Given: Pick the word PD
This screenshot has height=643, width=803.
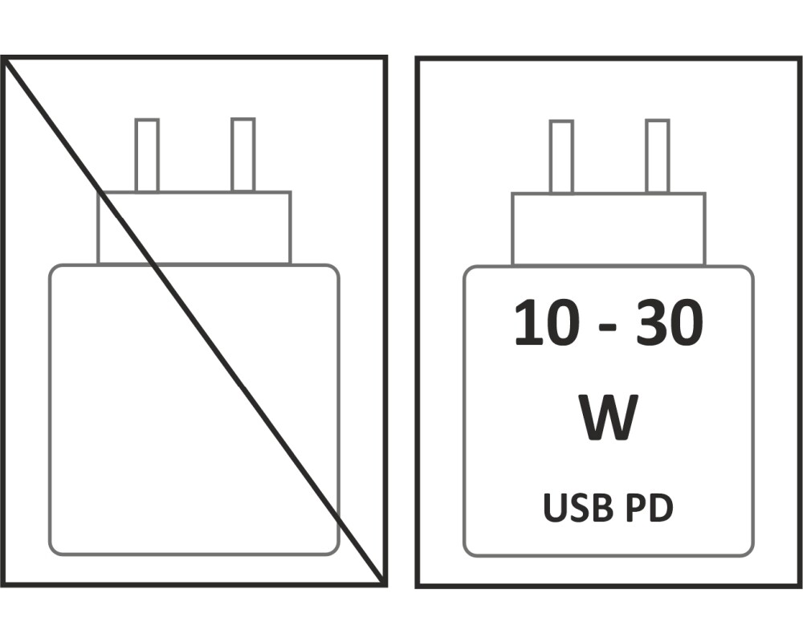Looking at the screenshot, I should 648,509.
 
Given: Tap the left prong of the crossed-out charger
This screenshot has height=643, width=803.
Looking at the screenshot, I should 146,155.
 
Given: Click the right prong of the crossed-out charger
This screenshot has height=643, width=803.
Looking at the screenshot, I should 243,155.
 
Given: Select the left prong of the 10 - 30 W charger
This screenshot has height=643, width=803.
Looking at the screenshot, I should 561,157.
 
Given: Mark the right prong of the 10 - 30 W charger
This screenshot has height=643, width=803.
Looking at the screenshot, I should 657,157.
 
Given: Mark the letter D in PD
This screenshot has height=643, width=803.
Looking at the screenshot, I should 660,509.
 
